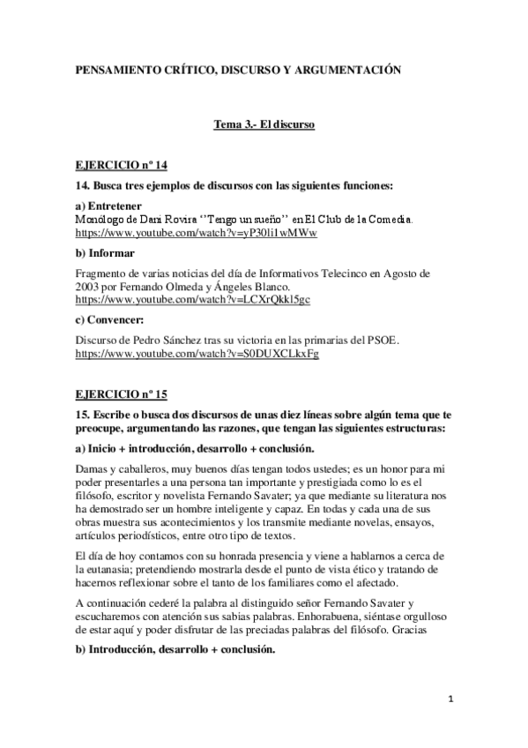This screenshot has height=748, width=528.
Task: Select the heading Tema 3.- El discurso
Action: (x=264, y=125)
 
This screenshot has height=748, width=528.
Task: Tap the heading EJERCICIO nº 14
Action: (x=118, y=166)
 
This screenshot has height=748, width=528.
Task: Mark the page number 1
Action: (x=450, y=699)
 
